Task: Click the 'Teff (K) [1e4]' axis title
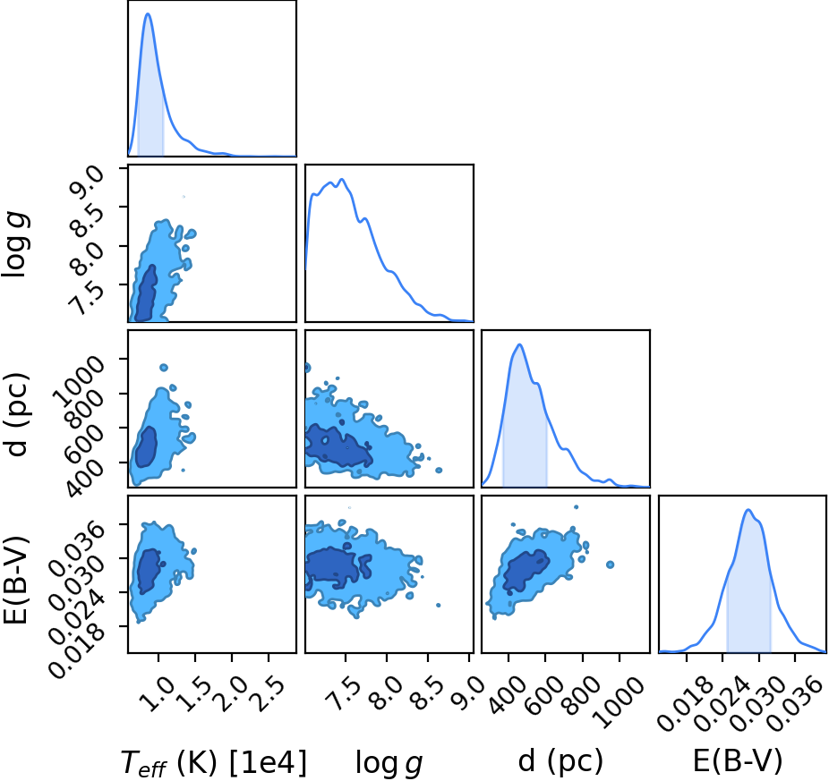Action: click(214, 762)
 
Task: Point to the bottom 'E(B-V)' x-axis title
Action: click(738, 761)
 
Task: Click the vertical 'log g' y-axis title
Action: click(15, 244)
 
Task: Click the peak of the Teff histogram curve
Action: click(148, 13)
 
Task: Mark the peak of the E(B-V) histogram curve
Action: click(748, 510)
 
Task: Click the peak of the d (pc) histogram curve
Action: click(520, 344)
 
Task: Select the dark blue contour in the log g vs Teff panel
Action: click(145, 293)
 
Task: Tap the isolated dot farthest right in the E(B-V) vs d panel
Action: click(611, 565)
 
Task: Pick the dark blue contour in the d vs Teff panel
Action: click(146, 446)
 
